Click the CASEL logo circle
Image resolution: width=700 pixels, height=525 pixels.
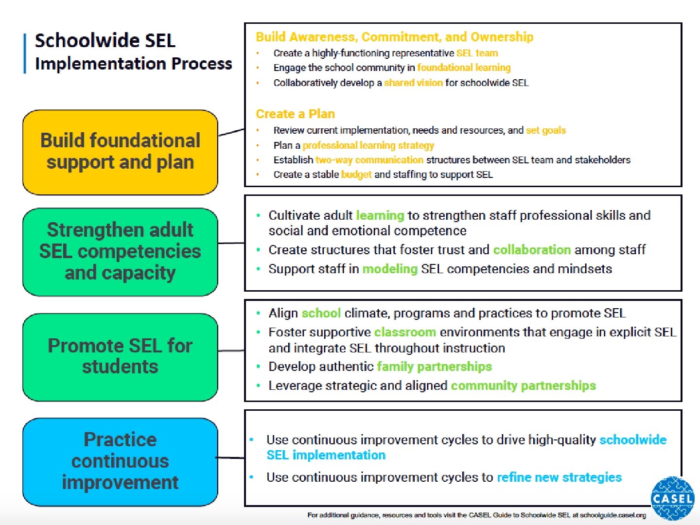pos(672,498)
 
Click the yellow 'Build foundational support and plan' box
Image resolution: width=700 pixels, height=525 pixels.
pos(120,152)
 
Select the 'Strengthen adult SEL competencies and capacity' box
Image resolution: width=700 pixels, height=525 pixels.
pos(120,252)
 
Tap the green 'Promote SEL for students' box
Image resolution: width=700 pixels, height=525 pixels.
pos(120,356)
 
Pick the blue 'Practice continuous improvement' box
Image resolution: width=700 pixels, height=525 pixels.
pos(120,461)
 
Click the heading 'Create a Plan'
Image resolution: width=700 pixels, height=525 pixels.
pos(295,114)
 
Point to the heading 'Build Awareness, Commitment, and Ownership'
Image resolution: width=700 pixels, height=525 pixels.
pos(394,37)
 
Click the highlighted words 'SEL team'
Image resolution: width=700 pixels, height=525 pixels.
pos(477,53)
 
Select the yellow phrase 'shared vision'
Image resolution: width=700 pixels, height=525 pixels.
pos(413,83)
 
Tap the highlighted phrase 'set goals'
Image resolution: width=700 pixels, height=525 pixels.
pos(546,130)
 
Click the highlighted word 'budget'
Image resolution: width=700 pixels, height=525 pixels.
pos(356,175)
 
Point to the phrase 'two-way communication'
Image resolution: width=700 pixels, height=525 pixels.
pos(369,160)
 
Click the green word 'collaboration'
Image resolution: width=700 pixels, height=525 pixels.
pos(532,250)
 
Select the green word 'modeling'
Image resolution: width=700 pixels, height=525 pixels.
pos(390,269)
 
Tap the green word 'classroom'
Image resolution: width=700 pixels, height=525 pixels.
pos(405,332)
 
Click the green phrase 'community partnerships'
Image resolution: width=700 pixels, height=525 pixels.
pos(523,385)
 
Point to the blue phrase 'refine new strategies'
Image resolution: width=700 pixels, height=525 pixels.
pos(559,477)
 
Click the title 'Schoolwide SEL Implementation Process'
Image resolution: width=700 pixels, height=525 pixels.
pos(133,52)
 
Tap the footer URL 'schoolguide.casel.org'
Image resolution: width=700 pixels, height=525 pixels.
pos(612,515)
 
